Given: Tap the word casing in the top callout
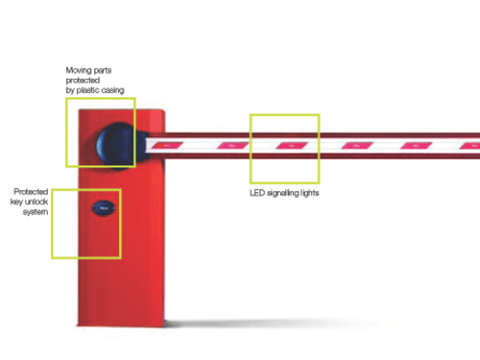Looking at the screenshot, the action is point(112,90).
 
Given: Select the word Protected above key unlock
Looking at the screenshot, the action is point(31,191).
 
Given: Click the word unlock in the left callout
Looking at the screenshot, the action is point(36,202).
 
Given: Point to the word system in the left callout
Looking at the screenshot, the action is point(36,212).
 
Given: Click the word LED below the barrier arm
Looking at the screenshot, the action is point(257,193).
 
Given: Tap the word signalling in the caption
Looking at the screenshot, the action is point(282,193).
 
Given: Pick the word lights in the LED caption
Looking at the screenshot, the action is point(309,193).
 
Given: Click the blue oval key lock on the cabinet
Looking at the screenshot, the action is point(104,208).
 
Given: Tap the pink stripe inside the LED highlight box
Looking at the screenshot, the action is point(292,146).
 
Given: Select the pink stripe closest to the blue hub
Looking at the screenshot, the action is point(167,146).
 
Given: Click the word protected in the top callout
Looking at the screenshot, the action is point(83,81).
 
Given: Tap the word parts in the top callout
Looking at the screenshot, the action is point(103,70).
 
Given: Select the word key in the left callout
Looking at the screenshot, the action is point(16,202).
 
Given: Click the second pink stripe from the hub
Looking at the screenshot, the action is point(232,146).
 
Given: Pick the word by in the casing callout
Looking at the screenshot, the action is point(70,90).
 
